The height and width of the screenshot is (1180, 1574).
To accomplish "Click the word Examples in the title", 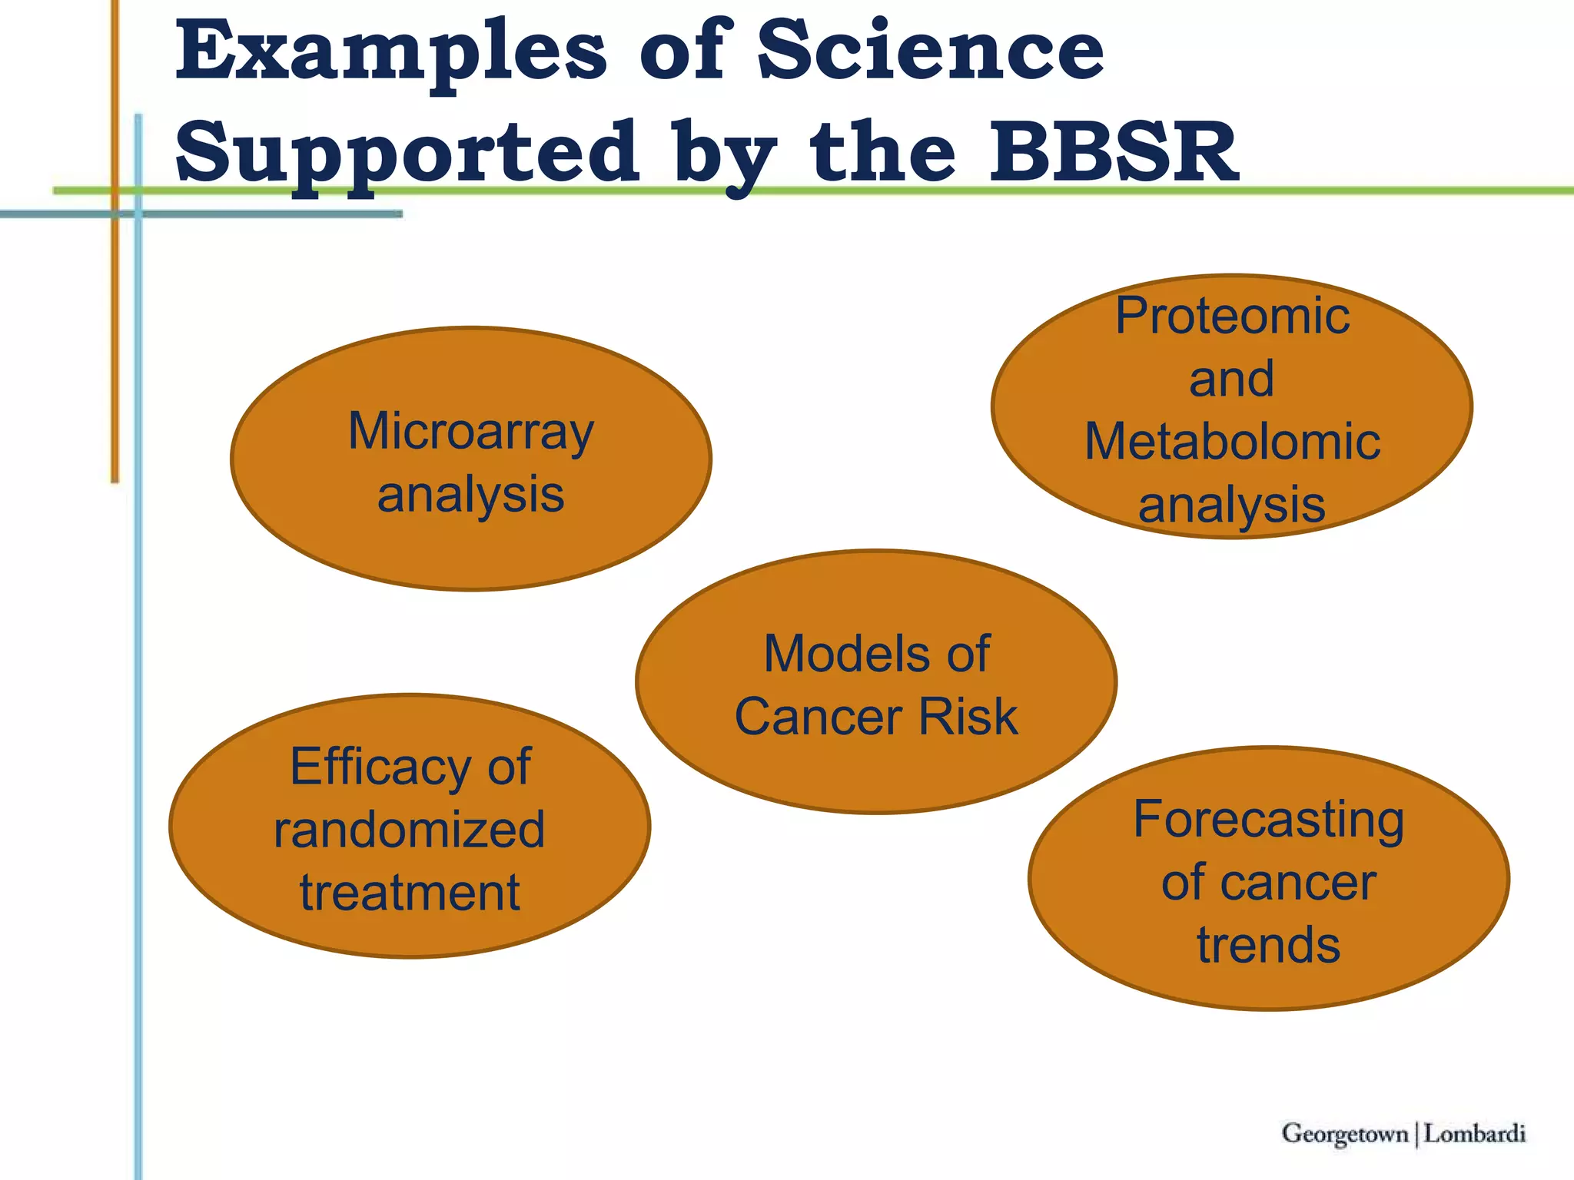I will click(x=391, y=52).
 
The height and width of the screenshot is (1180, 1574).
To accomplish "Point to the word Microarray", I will click(x=471, y=432).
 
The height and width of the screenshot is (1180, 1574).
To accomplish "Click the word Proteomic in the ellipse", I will click(x=1232, y=316).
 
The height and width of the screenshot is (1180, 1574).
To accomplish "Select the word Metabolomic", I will click(x=1232, y=442).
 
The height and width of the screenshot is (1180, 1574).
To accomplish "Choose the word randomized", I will click(x=409, y=830).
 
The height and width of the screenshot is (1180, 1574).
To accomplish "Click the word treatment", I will click(x=409, y=893).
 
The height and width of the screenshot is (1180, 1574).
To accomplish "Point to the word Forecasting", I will click(x=1268, y=820).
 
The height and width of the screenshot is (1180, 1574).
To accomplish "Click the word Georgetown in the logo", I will click(x=1344, y=1133).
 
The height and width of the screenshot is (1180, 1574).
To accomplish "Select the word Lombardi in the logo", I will click(x=1474, y=1133).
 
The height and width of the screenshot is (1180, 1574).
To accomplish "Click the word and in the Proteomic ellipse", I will click(x=1231, y=379).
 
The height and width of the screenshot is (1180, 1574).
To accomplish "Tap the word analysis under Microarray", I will click(x=470, y=495).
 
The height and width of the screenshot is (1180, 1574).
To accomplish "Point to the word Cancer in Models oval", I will click(x=817, y=717).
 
